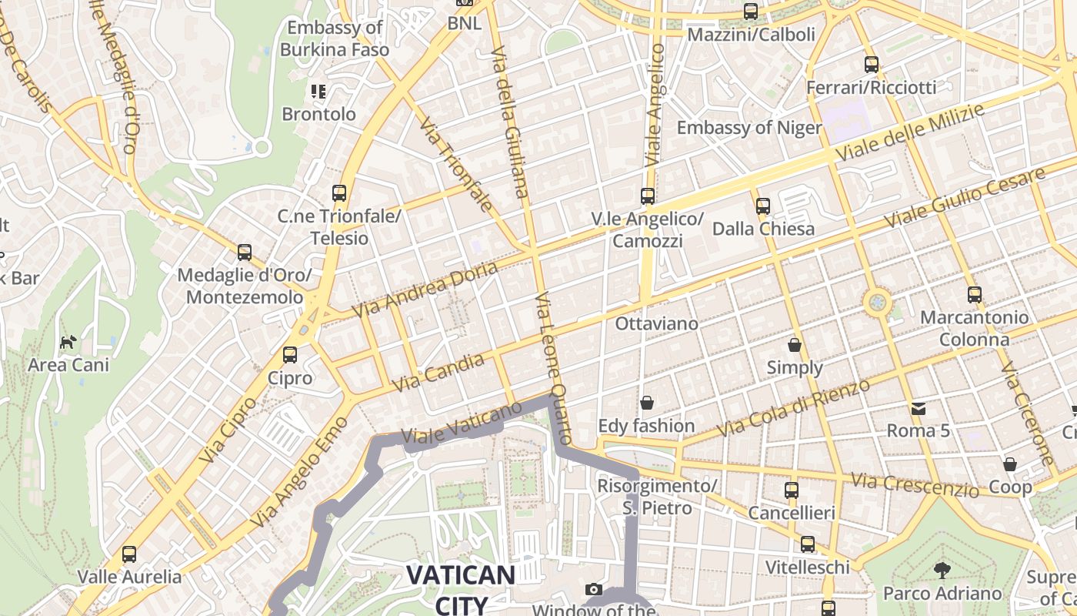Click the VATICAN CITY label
point(460,588)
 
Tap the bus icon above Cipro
point(290,355)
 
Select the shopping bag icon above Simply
point(795,344)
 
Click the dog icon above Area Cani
point(68,341)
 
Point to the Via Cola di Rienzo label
point(793,409)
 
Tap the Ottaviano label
point(657,323)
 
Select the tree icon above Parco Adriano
point(942,571)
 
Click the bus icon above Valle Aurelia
point(129,554)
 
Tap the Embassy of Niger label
point(749,127)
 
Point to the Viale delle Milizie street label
point(909,133)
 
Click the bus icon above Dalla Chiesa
point(762,206)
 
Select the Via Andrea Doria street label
point(425,289)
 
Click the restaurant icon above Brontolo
point(318,92)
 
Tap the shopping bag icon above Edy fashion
point(646,403)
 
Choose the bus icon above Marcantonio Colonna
point(975,294)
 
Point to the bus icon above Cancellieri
point(792,490)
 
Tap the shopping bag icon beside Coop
point(1010,464)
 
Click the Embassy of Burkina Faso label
point(335,38)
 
